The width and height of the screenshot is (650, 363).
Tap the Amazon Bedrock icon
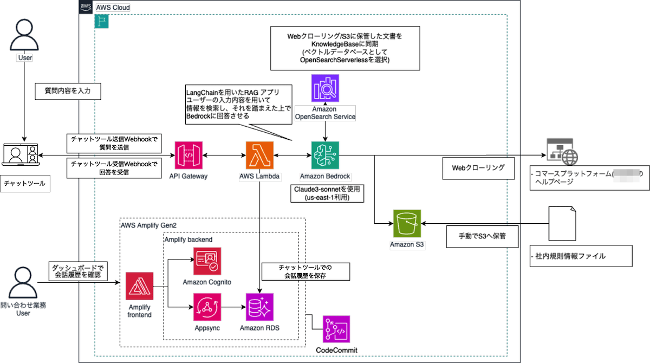(x=325, y=155)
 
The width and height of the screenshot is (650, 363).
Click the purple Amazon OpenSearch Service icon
(x=325, y=88)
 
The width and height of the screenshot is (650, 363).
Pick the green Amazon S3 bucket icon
(x=407, y=223)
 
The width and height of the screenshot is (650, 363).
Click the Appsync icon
(x=207, y=307)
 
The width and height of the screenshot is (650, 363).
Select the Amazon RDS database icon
(x=260, y=307)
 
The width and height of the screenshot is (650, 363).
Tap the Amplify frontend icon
(x=139, y=286)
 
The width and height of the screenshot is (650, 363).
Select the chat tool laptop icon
(x=20, y=156)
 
